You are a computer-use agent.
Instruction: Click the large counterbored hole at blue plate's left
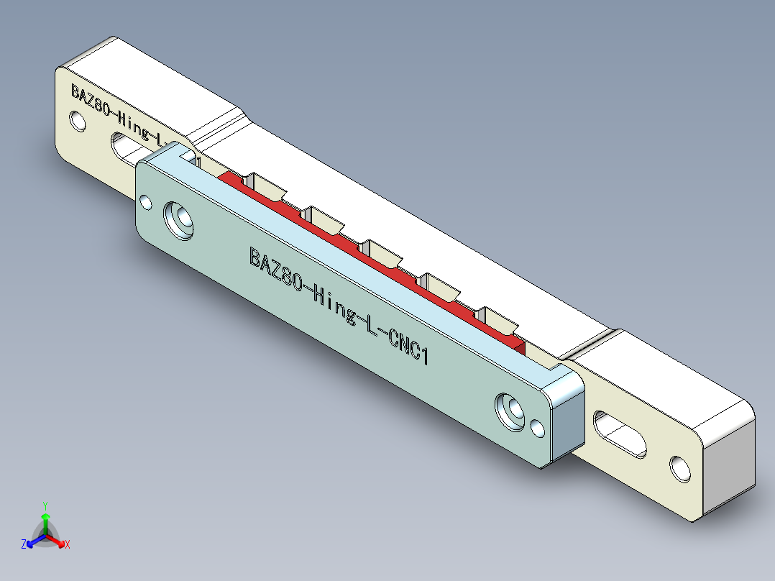[x=179, y=219]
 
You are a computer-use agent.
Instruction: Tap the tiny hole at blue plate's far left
[x=146, y=203]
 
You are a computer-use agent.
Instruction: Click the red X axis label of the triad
[x=67, y=545]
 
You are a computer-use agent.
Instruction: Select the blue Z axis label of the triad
[x=24, y=544]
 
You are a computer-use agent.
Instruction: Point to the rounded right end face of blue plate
[x=568, y=417]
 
